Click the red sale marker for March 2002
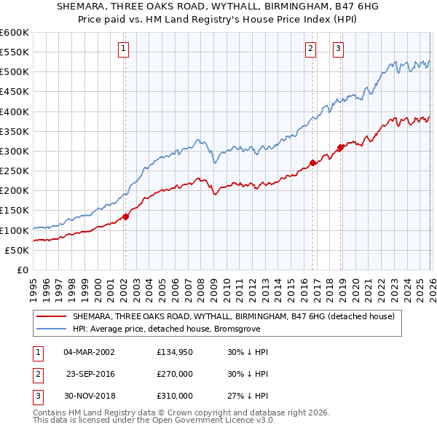tap(125, 216)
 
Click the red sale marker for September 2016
tap(312, 163)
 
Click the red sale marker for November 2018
tap(340, 148)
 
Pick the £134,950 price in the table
tap(175, 352)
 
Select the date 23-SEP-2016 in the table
tap(90, 374)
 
